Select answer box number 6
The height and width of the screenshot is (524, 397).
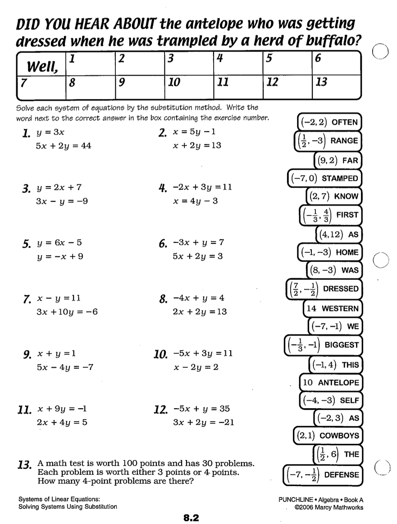pyautogui.click(x=336, y=63)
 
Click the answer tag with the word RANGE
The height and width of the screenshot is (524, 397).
pyautogui.click(x=327, y=141)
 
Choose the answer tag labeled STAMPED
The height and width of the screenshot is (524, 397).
pyautogui.click(x=324, y=178)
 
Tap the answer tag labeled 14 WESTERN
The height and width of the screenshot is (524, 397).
pyautogui.click(x=333, y=309)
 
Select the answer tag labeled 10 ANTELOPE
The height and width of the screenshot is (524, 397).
pyautogui.click(x=331, y=383)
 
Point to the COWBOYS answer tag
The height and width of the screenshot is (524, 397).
pyautogui.click(x=328, y=436)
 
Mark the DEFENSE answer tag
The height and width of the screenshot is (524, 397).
pyautogui.click(x=322, y=474)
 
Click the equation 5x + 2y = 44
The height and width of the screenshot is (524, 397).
pyautogui.click(x=64, y=146)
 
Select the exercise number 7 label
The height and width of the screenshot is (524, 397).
pyautogui.click(x=27, y=299)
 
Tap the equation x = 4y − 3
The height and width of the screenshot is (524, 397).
pyautogui.click(x=196, y=201)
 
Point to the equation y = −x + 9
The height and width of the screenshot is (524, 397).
pyautogui.click(x=60, y=256)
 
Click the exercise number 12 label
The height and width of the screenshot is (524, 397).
pyautogui.click(x=161, y=410)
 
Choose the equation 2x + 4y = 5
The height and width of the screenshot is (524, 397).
pyautogui.click(x=62, y=423)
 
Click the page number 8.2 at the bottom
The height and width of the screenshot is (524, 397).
pyautogui.click(x=191, y=518)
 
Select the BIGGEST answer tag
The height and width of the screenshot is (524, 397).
pyautogui.click(x=323, y=345)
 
